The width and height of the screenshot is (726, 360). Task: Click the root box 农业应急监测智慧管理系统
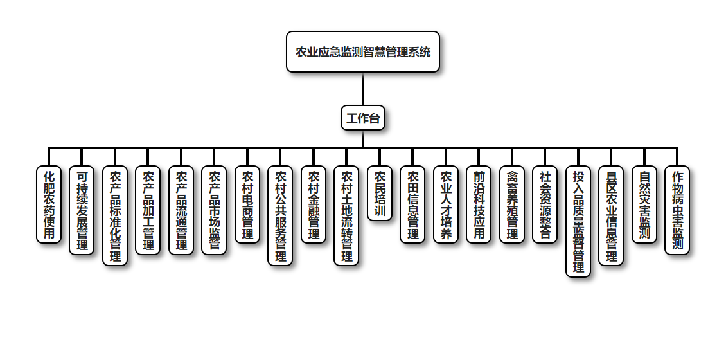[362, 52]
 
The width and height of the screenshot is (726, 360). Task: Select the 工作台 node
[363, 118]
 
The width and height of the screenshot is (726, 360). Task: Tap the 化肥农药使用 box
[49, 204]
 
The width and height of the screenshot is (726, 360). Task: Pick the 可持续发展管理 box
[82, 210]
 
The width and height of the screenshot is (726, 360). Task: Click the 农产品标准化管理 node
[115, 215]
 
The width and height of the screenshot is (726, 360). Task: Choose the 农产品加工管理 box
[148, 210]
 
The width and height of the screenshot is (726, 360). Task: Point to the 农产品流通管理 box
[181, 210]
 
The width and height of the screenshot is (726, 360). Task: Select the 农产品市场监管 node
[214, 210]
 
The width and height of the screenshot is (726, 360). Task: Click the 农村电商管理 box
[247, 204]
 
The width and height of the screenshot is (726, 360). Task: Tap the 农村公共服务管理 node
[280, 215]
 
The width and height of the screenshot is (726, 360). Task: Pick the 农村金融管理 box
[314, 204]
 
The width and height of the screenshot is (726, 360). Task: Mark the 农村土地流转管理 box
[346, 215]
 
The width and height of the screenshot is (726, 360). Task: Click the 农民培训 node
[380, 194]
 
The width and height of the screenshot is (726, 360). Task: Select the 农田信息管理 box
[412, 204]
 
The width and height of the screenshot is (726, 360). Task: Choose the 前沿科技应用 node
[479, 204]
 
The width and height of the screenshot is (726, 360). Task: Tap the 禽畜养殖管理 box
[512, 204]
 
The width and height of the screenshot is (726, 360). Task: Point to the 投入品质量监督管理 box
[578, 222]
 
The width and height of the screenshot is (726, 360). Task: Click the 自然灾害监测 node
[644, 204]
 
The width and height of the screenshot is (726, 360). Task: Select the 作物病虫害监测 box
[677, 210]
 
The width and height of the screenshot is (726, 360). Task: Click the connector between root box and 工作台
[363, 89]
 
